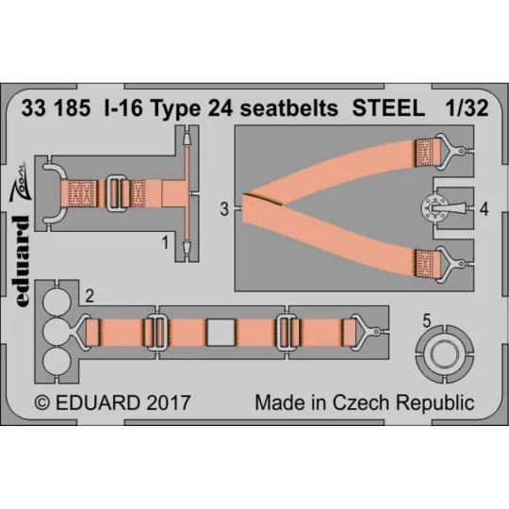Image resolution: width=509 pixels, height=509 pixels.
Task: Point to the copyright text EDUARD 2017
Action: click(x=113, y=402)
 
